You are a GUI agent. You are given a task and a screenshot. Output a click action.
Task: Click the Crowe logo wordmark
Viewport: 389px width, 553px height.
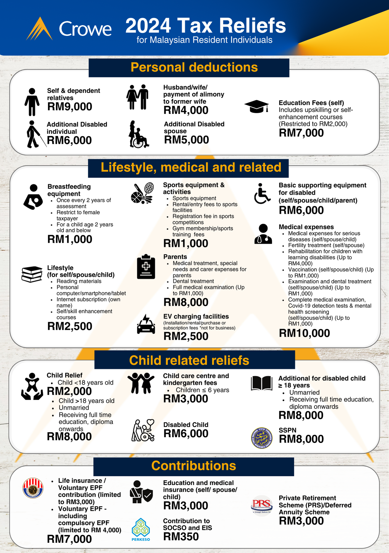pos(85,29)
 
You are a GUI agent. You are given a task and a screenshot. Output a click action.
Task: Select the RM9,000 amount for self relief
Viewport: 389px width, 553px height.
pos(70,107)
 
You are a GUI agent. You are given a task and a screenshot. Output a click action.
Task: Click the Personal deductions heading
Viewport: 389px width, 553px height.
pos(194,67)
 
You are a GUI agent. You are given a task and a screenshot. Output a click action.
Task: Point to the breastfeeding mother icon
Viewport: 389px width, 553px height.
pos(33,197)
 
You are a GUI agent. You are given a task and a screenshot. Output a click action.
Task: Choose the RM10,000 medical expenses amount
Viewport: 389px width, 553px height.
pos(304,333)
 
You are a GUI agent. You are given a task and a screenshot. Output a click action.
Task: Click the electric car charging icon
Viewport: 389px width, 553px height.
pos(146,324)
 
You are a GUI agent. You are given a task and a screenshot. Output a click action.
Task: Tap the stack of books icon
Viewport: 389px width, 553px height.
pos(32,274)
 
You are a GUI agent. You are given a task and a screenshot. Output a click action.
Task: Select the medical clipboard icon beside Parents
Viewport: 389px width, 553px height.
pos(146,267)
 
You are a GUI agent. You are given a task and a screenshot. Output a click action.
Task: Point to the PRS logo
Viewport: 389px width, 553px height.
pos(262,505)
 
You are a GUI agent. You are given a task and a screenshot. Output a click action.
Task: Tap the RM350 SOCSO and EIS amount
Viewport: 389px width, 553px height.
pos(181,537)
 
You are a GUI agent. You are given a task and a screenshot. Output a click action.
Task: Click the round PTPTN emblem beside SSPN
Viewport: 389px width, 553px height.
pos(262,438)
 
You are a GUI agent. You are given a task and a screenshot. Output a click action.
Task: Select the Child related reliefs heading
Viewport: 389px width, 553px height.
pos(189,361)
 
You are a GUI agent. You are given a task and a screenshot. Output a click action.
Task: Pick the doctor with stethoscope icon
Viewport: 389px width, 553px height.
pos(263,234)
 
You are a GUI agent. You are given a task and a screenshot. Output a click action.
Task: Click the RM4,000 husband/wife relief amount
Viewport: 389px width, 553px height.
pos(186,110)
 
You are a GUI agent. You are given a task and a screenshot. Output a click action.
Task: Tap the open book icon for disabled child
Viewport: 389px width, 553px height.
pos(261,383)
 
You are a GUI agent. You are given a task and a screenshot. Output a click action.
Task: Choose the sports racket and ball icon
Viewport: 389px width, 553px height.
pos(142,193)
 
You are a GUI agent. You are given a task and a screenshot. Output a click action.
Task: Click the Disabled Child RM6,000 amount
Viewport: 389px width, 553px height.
pos(186,434)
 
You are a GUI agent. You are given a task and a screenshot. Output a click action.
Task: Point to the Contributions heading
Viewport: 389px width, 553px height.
pos(194,466)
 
